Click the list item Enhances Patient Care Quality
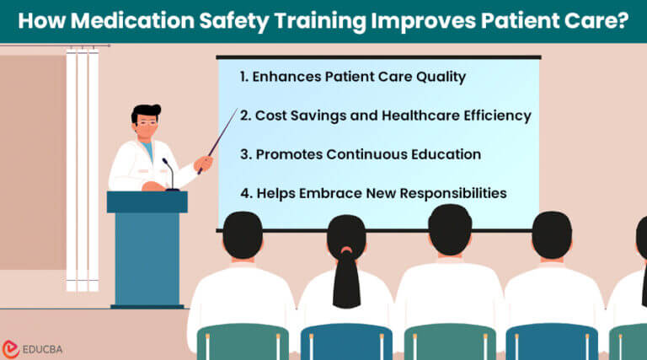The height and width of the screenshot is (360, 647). [x=352, y=77]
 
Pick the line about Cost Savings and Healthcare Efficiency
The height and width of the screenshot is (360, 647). [x=385, y=116]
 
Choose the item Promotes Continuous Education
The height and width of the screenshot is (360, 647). [x=360, y=154]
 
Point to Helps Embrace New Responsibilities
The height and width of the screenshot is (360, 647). [x=372, y=193]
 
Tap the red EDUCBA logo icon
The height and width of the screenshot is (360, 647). [x=12, y=347]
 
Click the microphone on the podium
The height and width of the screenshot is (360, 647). [x=168, y=173]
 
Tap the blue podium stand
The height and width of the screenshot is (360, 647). [x=147, y=253]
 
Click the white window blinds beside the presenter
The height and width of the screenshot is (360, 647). [x=82, y=169]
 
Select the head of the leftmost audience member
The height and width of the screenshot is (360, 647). [x=243, y=238]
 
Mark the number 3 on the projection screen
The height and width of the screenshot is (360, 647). [x=243, y=154]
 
